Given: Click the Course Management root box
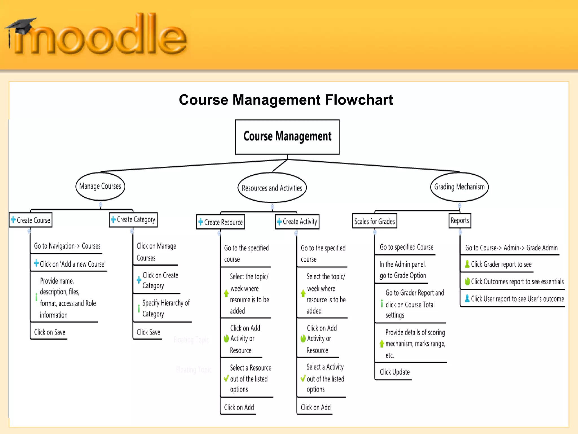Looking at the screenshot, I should (287, 137).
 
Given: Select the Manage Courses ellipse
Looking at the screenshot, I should (100, 186).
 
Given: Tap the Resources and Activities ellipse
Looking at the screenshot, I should (272, 188).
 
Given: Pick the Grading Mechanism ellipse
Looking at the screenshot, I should (459, 187).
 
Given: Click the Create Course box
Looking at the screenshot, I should (31, 220).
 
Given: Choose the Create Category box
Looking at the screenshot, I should (133, 220).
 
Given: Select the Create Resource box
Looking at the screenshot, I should (221, 222).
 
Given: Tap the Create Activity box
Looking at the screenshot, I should (297, 222).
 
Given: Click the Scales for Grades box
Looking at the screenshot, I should (375, 221).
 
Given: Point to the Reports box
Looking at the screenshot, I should (460, 221).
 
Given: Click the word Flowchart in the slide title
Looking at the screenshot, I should (359, 100).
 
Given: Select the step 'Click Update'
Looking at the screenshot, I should (395, 372).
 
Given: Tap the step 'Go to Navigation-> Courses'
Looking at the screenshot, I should (67, 246).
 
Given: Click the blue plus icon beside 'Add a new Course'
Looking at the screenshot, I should (36, 263).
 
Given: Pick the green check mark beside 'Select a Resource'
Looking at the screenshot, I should (226, 378).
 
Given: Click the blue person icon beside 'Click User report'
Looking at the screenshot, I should (467, 298).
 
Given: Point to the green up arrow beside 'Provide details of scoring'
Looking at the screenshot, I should (382, 344).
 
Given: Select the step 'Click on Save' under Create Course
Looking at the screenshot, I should (50, 332).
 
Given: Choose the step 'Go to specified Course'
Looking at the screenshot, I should (406, 247).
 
